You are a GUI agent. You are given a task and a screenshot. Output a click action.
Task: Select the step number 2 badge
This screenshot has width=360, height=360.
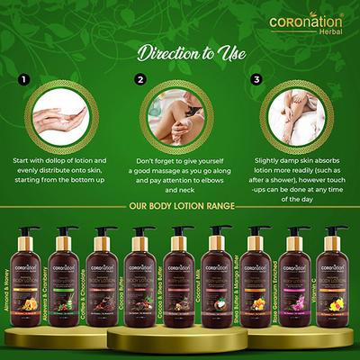tap(139, 80)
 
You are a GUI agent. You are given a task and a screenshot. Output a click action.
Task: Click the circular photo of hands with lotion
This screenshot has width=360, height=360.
tap(61, 111)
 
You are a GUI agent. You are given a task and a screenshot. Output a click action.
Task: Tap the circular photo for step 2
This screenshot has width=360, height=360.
tap(180, 111)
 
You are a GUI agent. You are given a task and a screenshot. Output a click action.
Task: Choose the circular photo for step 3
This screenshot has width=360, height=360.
tap(299, 111)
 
